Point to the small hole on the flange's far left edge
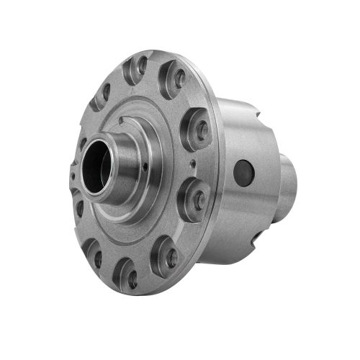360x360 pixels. point(75,172)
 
